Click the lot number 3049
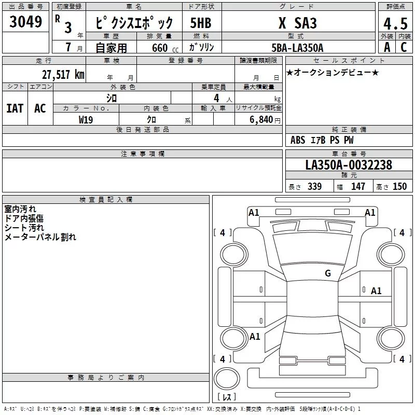click(25, 21)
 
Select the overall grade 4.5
click(396, 23)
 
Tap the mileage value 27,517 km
click(63, 74)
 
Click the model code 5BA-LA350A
click(297, 48)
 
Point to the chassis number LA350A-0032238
click(349, 165)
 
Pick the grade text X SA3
click(297, 23)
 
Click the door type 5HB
click(201, 23)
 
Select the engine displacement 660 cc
click(165, 48)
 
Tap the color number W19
click(86, 120)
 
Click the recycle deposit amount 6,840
click(261, 120)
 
